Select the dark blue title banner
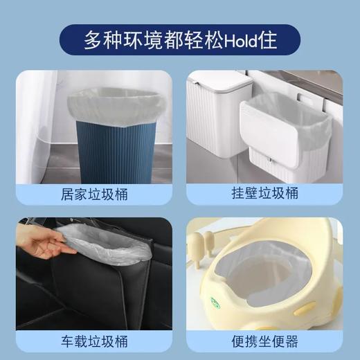tap(180, 39)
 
